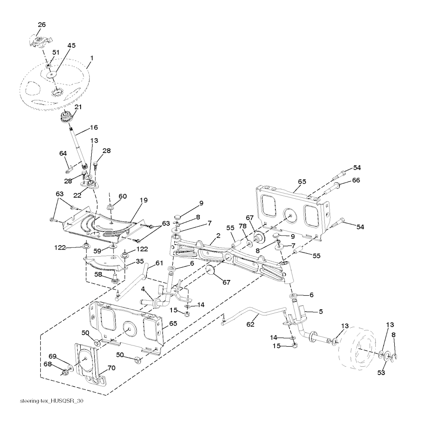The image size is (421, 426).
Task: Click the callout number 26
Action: pyautogui.click(x=42, y=25)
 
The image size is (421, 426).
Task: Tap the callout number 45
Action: pyautogui.click(x=72, y=45)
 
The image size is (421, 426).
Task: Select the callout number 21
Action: pyautogui.click(x=78, y=107)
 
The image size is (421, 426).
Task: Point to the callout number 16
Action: pyautogui.click(x=94, y=127)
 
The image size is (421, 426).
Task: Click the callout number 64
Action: pyautogui.click(x=63, y=153)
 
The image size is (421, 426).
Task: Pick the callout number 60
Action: pyautogui.click(x=123, y=196)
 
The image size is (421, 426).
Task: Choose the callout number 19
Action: pyautogui.click(x=143, y=200)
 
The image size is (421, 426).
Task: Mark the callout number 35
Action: pyautogui.click(x=140, y=262)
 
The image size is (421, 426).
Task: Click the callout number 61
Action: pyautogui.click(x=159, y=263)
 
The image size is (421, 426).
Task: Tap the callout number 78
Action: pyautogui.click(x=243, y=226)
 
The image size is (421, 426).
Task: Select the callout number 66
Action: pyautogui.click(x=356, y=180)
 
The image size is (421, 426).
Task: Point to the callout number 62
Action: pyautogui.click(x=250, y=324)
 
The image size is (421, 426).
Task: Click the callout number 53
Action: pyautogui.click(x=381, y=373)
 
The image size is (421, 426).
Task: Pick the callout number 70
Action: pyautogui.click(x=111, y=368)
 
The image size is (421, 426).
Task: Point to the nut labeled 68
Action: pyautogui.click(x=65, y=373)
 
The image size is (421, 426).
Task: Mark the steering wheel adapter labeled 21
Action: pyautogui.click(x=66, y=116)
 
